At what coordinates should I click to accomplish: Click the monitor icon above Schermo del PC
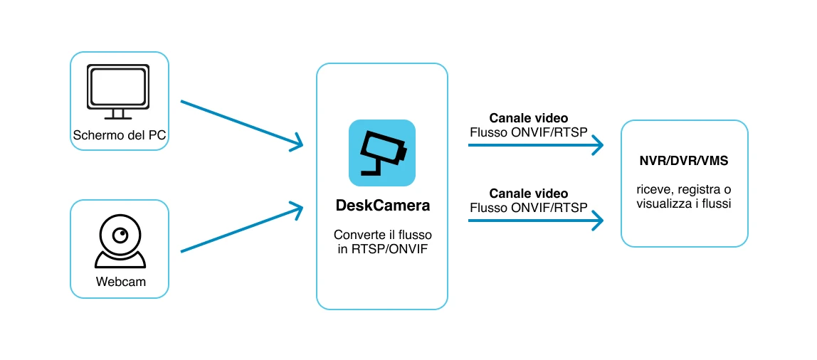point(118,91)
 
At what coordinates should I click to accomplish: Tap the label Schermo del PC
point(120,136)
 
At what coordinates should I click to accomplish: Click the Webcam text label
point(120,282)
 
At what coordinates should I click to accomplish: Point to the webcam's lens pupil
point(122,235)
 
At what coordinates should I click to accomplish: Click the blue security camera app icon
point(382,153)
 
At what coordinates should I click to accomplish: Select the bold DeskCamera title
point(382,206)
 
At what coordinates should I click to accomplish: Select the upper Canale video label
point(529,118)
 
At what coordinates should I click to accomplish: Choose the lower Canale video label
point(529,194)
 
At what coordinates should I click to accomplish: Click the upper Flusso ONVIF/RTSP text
point(529,132)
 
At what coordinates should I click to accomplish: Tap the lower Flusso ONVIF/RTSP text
point(529,207)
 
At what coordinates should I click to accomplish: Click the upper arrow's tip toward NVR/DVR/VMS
point(603,145)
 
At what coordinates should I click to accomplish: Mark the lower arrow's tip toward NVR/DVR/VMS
point(603,221)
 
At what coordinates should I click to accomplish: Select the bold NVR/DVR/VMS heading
point(684,162)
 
